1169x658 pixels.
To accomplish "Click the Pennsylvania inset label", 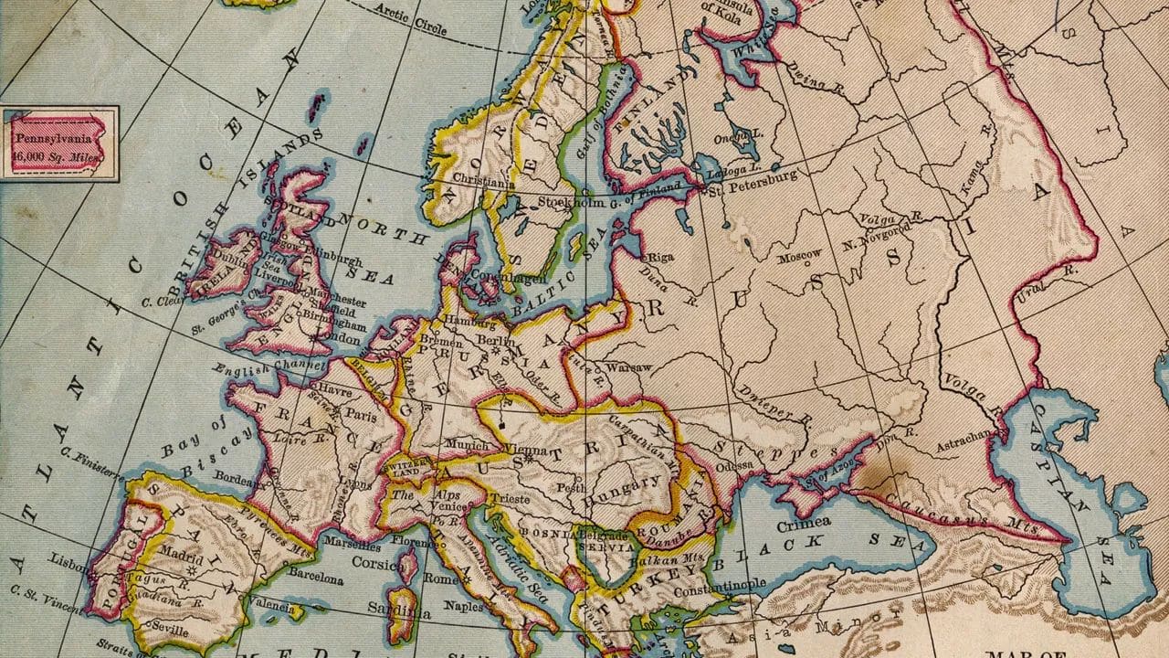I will click(x=58, y=142).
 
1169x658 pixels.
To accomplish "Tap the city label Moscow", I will click(x=800, y=255).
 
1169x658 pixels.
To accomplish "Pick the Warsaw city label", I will click(x=629, y=367).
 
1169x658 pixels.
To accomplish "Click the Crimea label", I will click(x=803, y=522).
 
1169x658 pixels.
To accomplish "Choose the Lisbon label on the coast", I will click(x=69, y=557).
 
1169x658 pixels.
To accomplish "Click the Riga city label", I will click(x=660, y=258).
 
